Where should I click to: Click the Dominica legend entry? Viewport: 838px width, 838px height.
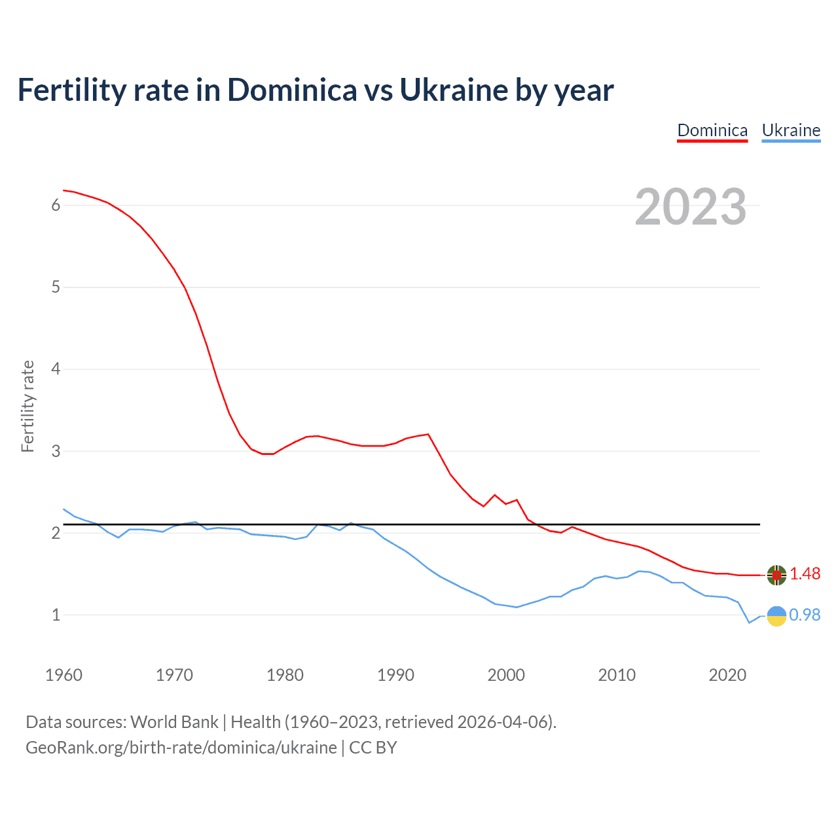(712, 130)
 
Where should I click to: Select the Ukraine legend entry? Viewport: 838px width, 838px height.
(791, 130)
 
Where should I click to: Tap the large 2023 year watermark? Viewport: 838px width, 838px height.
(691, 207)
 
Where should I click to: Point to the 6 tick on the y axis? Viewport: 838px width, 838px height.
(56, 206)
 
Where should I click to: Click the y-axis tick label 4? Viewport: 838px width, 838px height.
(56, 369)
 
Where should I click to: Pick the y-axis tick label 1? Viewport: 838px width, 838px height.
(56, 615)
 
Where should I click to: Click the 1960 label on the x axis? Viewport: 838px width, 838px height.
(64, 675)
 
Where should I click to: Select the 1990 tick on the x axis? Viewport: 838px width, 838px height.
(395, 675)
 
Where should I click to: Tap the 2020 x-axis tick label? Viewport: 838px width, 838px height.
(727, 675)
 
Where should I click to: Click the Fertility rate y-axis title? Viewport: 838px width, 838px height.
(27, 406)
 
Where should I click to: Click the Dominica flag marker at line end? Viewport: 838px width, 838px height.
(776, 575)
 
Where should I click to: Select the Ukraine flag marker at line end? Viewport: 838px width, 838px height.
(776, 616)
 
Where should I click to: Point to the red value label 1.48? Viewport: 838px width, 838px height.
(805, 574)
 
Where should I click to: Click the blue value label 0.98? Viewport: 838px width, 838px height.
(805, 615)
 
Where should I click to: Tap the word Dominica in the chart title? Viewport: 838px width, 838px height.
(292, 90)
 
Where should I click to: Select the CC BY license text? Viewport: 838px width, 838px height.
(373, 748)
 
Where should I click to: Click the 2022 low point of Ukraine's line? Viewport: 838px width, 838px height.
(750, 623)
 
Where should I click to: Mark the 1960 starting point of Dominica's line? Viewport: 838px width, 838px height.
(64, 190)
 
